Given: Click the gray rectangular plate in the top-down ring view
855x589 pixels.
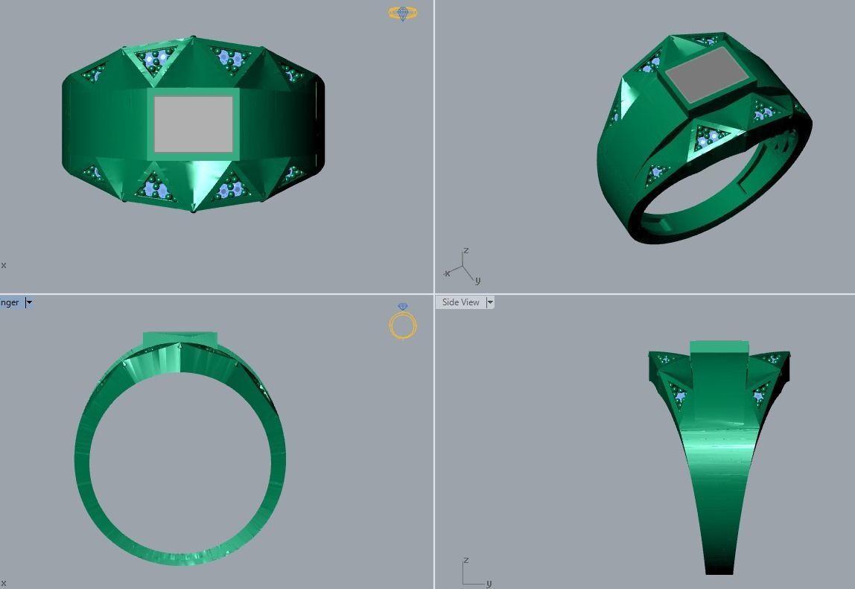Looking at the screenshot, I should (x=193, y=124).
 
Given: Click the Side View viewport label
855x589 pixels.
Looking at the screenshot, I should (x=460, y=302).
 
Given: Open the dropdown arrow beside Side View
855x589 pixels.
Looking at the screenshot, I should (x=490, y=302).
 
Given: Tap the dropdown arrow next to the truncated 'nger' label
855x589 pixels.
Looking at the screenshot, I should (x=29, y=302).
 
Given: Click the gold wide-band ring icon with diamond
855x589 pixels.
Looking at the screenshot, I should (x=403, y=13).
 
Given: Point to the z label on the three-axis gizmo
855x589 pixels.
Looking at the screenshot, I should (x=465, y=251).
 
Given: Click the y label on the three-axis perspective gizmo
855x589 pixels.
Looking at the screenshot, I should (x=477, y=281).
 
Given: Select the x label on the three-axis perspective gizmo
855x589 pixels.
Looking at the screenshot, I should (x=447, y=274).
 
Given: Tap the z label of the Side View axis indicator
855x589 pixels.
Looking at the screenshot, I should (x=465, y=560).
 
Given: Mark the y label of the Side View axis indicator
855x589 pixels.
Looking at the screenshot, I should (x=489, y=583).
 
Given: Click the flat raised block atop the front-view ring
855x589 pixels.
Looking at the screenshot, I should (x=180, y=339).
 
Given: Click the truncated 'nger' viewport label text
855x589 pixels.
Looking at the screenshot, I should (x=10, y=302).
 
